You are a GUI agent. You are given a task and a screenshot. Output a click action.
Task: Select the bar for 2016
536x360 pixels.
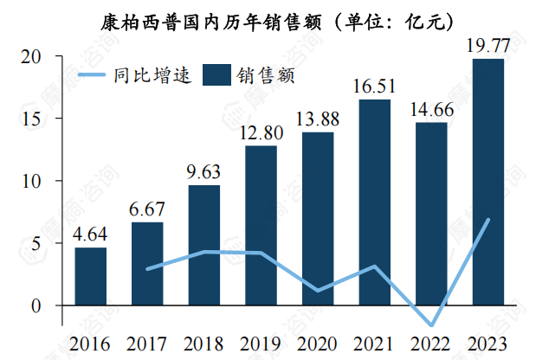91,276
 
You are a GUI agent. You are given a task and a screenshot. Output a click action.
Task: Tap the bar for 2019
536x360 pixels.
261,225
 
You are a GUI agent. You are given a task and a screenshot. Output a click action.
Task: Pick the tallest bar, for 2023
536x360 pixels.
488,182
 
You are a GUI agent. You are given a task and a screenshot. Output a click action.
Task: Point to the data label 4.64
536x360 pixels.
91,235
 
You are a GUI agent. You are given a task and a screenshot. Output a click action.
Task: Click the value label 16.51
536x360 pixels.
375,86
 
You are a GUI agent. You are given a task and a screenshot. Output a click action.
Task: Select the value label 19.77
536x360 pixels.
488,45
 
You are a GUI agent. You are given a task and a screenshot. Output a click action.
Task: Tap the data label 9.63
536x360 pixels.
204,172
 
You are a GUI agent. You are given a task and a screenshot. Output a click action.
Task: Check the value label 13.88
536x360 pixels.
318,119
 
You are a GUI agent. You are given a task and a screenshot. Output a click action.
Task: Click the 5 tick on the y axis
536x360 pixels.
36,243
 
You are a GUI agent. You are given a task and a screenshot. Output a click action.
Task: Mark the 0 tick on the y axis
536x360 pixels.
36,305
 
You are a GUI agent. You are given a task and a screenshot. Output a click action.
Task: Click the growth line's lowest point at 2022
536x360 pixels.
431,325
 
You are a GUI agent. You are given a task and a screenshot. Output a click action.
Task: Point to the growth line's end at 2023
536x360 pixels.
489,219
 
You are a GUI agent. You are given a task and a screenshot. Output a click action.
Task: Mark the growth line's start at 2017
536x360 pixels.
148,269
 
